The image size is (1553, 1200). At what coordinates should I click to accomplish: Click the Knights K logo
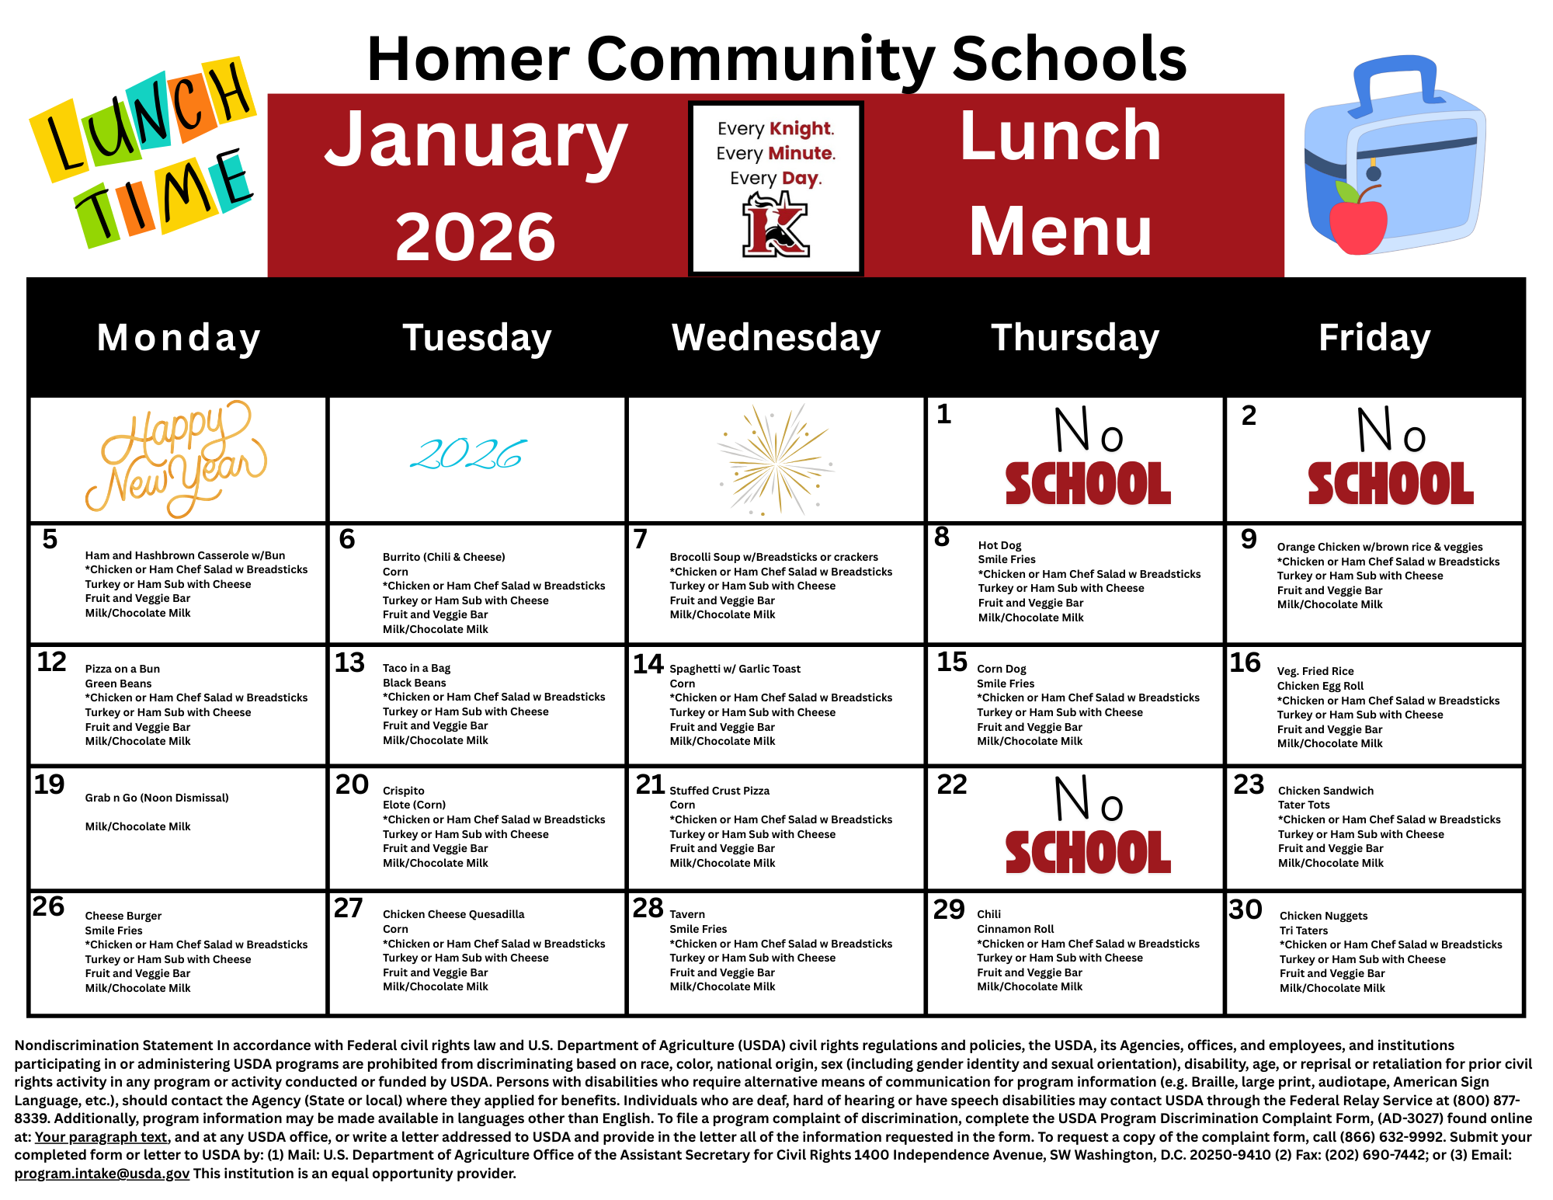pos(776,224)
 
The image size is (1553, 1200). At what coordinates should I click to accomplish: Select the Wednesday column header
pos(776,338)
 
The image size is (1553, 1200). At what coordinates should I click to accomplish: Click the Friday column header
pos(1374,338)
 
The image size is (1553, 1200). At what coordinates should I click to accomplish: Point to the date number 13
pos(349,663)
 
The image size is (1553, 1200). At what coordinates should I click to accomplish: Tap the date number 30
pos(1246,910)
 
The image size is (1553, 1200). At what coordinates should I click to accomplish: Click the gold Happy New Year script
pos(176,459)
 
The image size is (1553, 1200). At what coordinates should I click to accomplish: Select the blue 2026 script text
pos(468,455)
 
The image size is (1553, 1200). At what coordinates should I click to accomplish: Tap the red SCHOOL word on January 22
pos(1088,853)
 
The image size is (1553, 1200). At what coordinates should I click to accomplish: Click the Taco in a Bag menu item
pos(416,668)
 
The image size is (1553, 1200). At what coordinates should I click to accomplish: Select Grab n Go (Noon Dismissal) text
pos(157,798)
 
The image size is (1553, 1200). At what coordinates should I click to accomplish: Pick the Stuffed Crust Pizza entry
pos(719,791)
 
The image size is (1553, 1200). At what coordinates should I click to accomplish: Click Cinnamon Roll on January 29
pos(1015,929)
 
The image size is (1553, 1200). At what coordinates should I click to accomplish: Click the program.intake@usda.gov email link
pos(102,1174)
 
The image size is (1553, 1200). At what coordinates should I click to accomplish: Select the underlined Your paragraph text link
pos(101,1137)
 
